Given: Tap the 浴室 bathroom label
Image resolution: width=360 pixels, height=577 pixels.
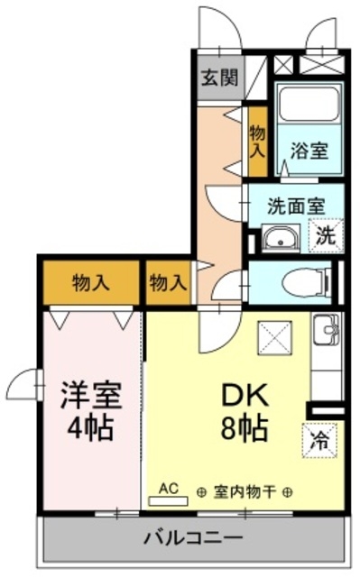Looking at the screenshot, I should pos(308,151).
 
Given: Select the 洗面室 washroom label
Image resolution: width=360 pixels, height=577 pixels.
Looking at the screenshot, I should pos(295,205).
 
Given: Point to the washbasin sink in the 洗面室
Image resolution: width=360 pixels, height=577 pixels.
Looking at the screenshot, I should pos(280,239).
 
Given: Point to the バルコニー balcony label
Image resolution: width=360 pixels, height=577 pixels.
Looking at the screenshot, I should pos(193,538).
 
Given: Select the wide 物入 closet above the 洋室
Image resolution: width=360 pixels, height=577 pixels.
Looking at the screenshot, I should pos(90,282).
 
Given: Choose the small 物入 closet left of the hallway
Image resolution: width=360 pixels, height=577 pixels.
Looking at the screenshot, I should pos(169,282).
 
